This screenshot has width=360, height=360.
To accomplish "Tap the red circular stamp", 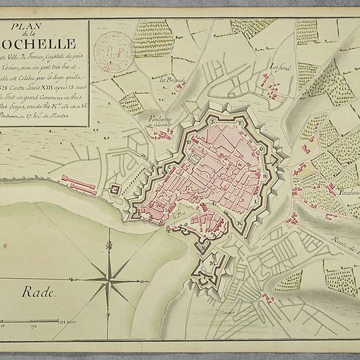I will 114,52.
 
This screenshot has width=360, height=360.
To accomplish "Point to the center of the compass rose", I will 109,280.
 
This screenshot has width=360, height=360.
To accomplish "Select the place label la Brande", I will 171,80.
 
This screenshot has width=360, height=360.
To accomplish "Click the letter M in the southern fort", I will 212,263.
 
